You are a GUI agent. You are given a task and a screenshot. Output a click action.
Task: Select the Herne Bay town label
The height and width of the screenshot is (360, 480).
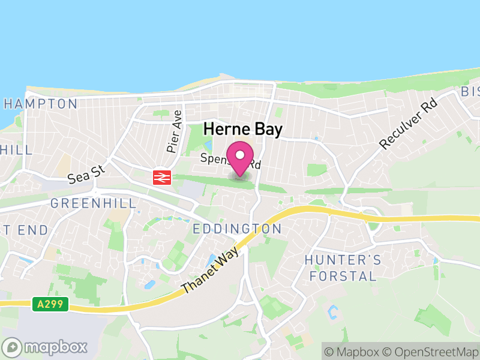click(242, 128)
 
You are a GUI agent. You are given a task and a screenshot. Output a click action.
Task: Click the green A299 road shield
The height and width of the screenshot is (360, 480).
click(50, 305)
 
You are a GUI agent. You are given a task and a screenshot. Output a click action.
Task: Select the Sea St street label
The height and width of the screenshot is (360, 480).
click(86, 175)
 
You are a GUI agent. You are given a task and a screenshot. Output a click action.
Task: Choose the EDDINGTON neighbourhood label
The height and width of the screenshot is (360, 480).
click(237, 229)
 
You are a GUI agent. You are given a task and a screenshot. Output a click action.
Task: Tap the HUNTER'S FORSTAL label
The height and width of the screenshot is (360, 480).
click(343, 268)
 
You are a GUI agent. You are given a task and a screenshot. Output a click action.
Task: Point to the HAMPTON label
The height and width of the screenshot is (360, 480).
click(41, 104)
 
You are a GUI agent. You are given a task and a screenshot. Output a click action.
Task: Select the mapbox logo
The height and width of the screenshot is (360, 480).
click(46, 347)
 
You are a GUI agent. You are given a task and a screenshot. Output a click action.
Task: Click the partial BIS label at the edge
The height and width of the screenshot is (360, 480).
click(470, 92)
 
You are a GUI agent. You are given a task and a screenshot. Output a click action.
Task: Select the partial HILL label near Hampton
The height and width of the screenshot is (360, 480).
click(16, 149)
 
